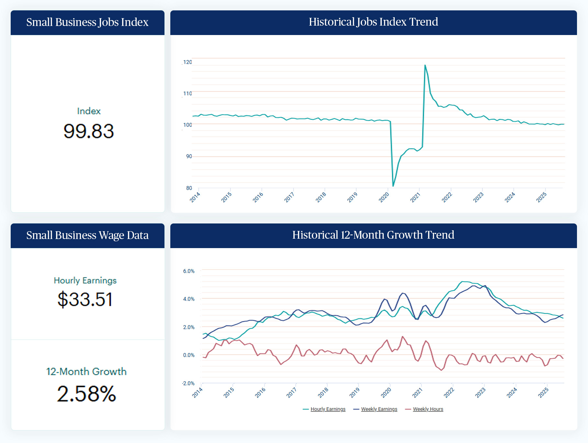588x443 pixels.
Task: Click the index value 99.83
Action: (88, 131)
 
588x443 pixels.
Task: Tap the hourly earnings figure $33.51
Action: (85, 299)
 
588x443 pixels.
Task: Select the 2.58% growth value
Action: (86, 394)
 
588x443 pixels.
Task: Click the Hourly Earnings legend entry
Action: (328, 409)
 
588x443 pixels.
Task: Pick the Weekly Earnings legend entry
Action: (379, 409)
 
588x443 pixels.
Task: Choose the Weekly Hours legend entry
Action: (428, 409)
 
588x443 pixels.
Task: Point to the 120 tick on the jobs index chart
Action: (187, 62)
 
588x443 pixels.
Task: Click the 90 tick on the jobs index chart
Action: (189, 156)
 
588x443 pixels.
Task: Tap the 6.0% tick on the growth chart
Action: (189, 271)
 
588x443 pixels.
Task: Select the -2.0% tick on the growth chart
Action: (188, 383)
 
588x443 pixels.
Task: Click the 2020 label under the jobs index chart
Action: (384, 197)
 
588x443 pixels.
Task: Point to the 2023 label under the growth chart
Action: (480, 392)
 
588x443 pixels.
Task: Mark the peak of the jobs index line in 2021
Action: (425, 65)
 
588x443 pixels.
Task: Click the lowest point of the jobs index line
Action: (393, 186)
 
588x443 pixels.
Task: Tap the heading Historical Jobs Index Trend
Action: (373, 22)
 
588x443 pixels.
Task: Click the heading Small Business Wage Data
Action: (87, 235)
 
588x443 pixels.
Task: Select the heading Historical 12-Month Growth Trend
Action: (373, 235)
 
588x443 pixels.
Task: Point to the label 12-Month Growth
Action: (86, 371)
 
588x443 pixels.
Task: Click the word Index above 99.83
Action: (89, 111)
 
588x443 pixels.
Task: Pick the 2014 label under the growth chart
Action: (197, 392)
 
